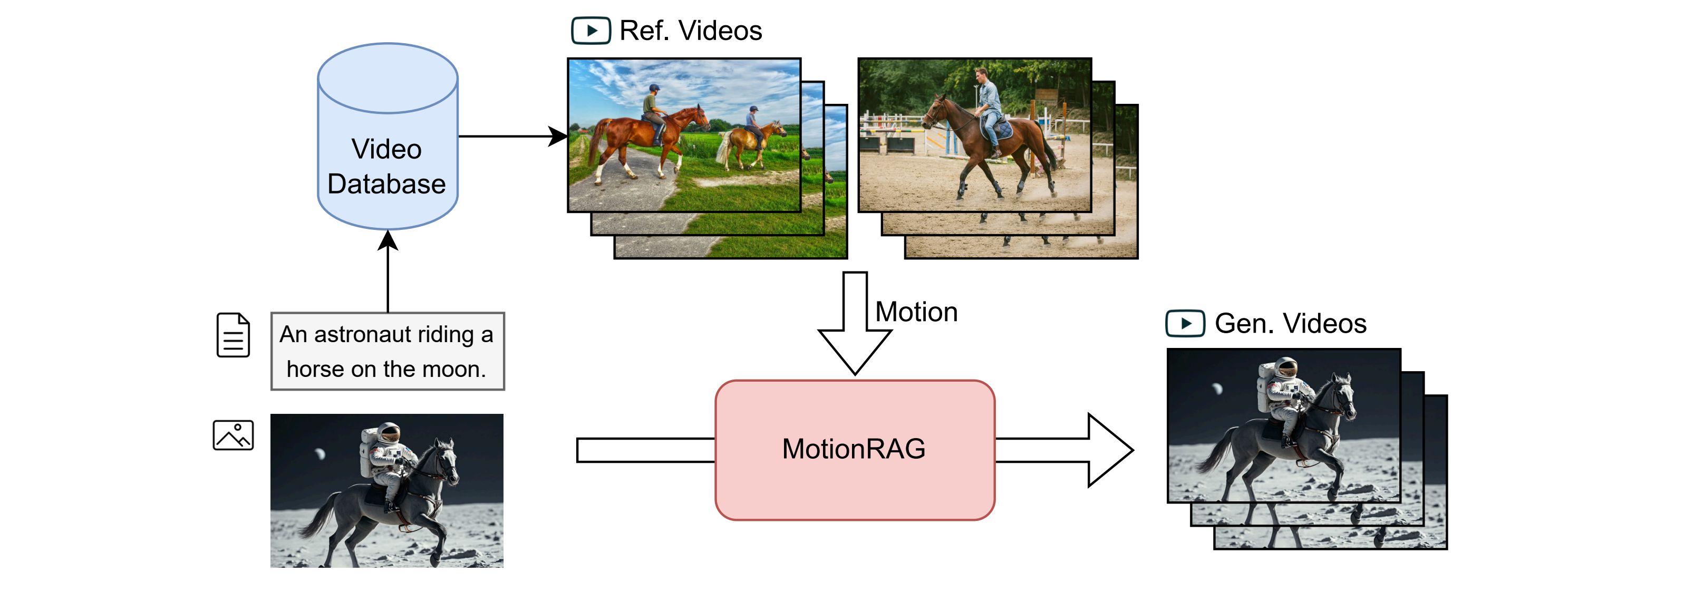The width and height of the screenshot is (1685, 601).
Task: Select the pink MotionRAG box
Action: [854, 450]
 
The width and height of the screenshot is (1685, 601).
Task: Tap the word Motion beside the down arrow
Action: [916, 312]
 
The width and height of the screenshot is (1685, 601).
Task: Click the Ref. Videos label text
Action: [691, 31]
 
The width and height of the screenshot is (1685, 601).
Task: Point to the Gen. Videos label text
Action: [1290, 324]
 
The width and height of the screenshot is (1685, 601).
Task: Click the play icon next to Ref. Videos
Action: [590, 31]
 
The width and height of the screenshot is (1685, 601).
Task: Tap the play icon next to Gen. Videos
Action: [1185, 324]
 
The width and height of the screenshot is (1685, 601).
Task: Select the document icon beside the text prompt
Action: [234, 335]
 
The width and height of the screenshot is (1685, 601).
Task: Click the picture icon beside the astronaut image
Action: [234, 435]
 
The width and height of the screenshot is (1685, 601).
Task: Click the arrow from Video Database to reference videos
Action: [513, 137]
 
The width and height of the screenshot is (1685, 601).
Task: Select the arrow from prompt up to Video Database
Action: [388, 272]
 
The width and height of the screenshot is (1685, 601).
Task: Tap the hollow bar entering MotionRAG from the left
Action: [646, 450]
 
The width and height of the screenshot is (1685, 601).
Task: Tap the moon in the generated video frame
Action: [1217, 389]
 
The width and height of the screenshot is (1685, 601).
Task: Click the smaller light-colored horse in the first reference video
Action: [750, 145]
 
